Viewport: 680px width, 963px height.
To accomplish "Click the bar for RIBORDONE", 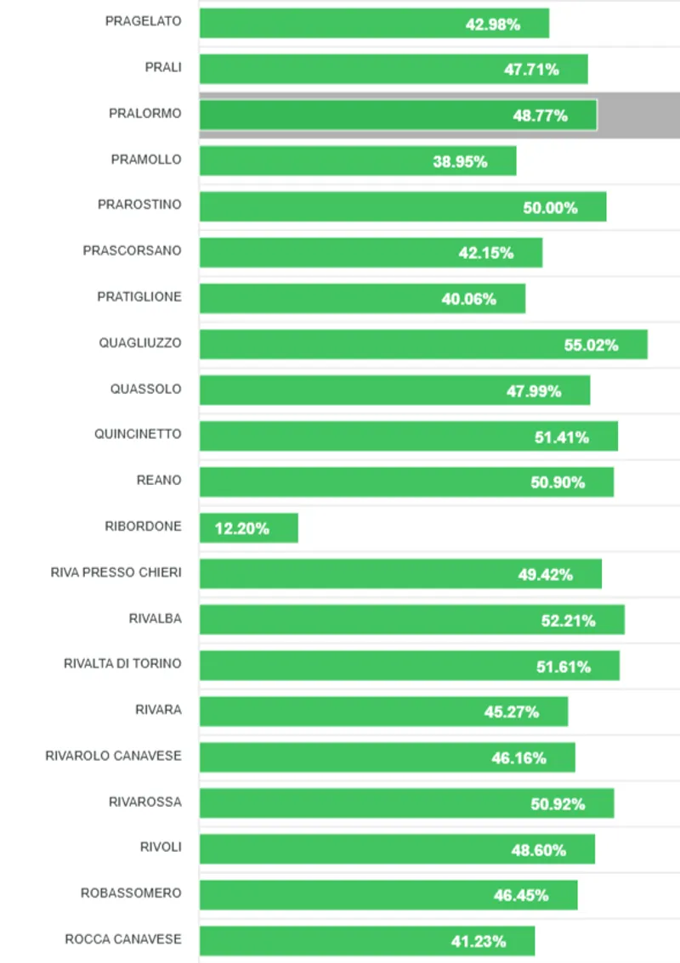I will (248, 527).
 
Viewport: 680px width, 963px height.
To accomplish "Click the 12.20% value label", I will (242, 528).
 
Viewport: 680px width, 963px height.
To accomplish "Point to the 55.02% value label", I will (591, 346).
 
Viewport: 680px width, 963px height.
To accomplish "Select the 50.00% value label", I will (550, 207).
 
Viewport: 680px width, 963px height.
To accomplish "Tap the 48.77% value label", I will (540, 115).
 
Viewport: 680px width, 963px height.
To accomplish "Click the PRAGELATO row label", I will (143, 21).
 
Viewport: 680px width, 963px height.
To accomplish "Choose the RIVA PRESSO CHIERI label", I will (116, 572).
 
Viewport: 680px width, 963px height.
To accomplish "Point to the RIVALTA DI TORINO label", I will (122, 663).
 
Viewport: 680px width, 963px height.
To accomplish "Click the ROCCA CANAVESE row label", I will (122, 938).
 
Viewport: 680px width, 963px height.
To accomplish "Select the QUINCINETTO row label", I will (138, 434).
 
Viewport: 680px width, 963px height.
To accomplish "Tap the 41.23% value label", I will (479, 941).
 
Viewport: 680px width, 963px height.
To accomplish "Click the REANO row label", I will (159, 480).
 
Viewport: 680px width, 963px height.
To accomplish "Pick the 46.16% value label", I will (518, 757).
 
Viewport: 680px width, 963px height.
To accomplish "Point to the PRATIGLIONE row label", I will (139, 297).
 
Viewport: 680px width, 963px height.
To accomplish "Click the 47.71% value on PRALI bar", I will (531, 70).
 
